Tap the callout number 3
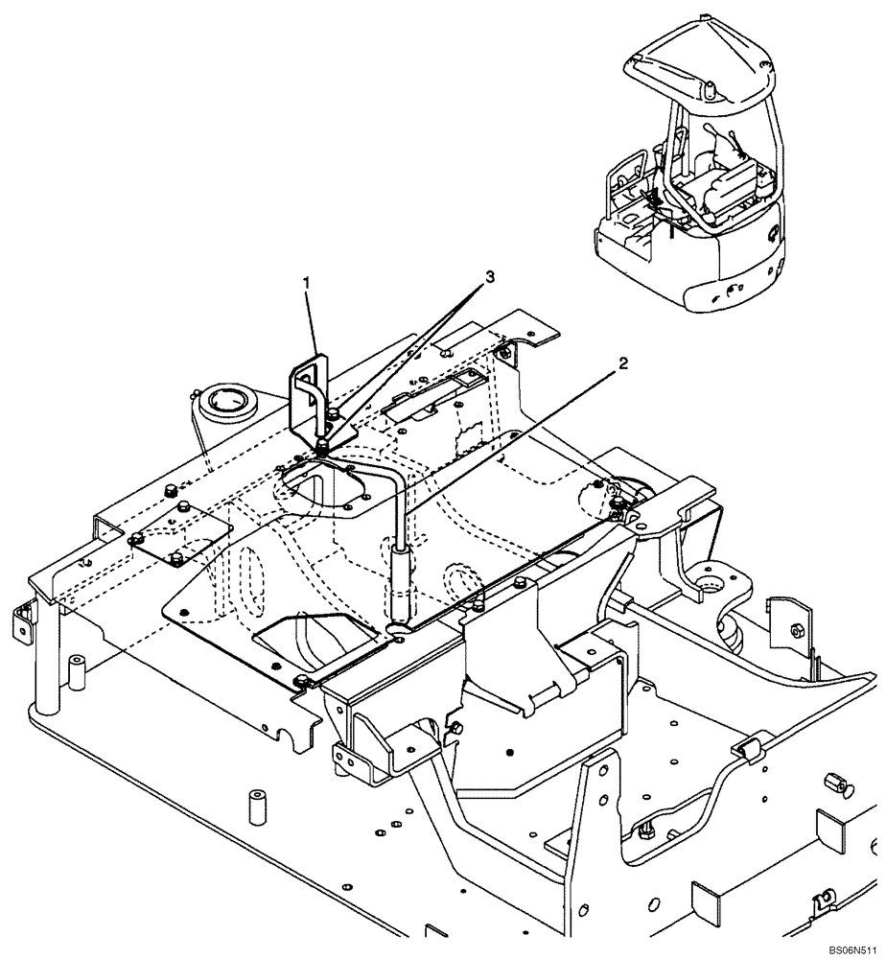pos(489,276)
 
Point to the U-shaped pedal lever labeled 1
pos(309,393)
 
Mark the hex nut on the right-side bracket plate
pos(796,630)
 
